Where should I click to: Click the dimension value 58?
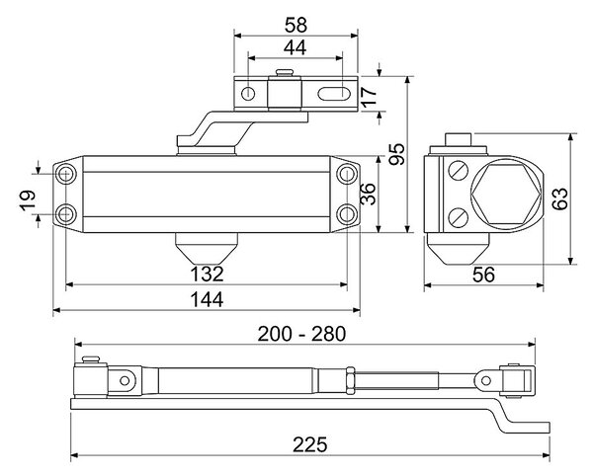coord(296,26)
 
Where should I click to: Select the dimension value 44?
coord(295,48)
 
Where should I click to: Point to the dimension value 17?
coord(369,96)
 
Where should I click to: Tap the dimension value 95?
coord(396,154)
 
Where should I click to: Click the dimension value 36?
coord(369,194)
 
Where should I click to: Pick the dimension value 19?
coord(28,200)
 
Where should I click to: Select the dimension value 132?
coord(207,274)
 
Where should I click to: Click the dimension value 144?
coord(207,299)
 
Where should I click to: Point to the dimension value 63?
coord(559,198)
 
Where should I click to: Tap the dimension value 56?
coord(483,275)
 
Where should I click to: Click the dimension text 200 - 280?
coord(301,334)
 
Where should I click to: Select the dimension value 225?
coord(309,444)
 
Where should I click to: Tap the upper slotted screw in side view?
coord(459,171)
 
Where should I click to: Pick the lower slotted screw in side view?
coord(459,217)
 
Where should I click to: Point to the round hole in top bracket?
coord(248,93)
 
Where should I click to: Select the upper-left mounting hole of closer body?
coord(66,174)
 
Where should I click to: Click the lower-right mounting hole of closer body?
coord(347,214)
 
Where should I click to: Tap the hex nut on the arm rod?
coord(351,380)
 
